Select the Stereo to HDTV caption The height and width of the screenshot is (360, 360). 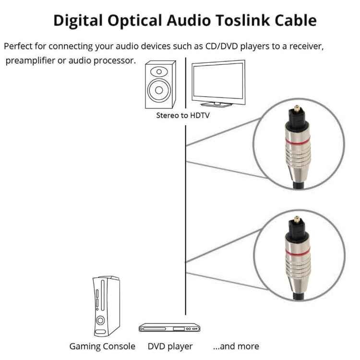point(183,115)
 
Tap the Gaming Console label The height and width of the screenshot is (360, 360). point(102,346)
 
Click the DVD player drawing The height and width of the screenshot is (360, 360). point(169,328)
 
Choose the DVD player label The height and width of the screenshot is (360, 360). point(170,346)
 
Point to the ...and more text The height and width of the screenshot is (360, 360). point(236,346)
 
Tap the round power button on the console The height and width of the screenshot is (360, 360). point(101,320)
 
